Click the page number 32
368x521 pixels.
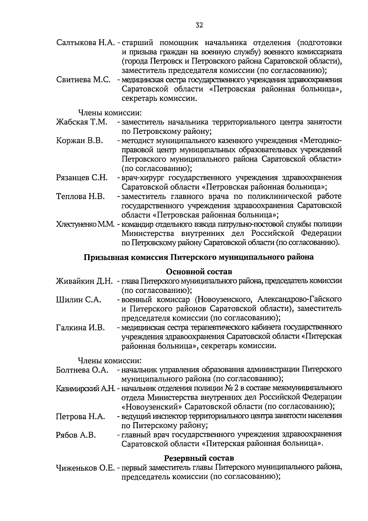coord(199,25)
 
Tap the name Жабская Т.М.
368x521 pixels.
coord(82,122)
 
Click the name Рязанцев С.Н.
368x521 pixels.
coord(82,178)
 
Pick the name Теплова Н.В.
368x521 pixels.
coord(81,196)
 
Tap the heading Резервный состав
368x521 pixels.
coord(199,458)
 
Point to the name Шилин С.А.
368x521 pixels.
coord(79,300)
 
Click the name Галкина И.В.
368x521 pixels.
coord(80,328)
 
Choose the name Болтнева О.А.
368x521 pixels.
coord(82,370)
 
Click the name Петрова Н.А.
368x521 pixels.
coord(80,417)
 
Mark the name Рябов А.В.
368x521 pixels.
coord(76,435)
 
